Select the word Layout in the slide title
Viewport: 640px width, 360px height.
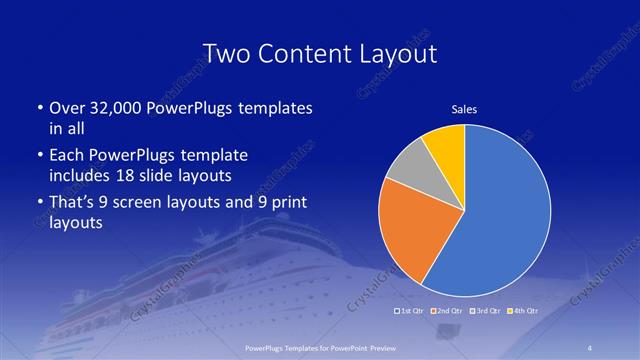[x=395, y=53]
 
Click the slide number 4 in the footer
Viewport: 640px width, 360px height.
[x=591, y=347]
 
